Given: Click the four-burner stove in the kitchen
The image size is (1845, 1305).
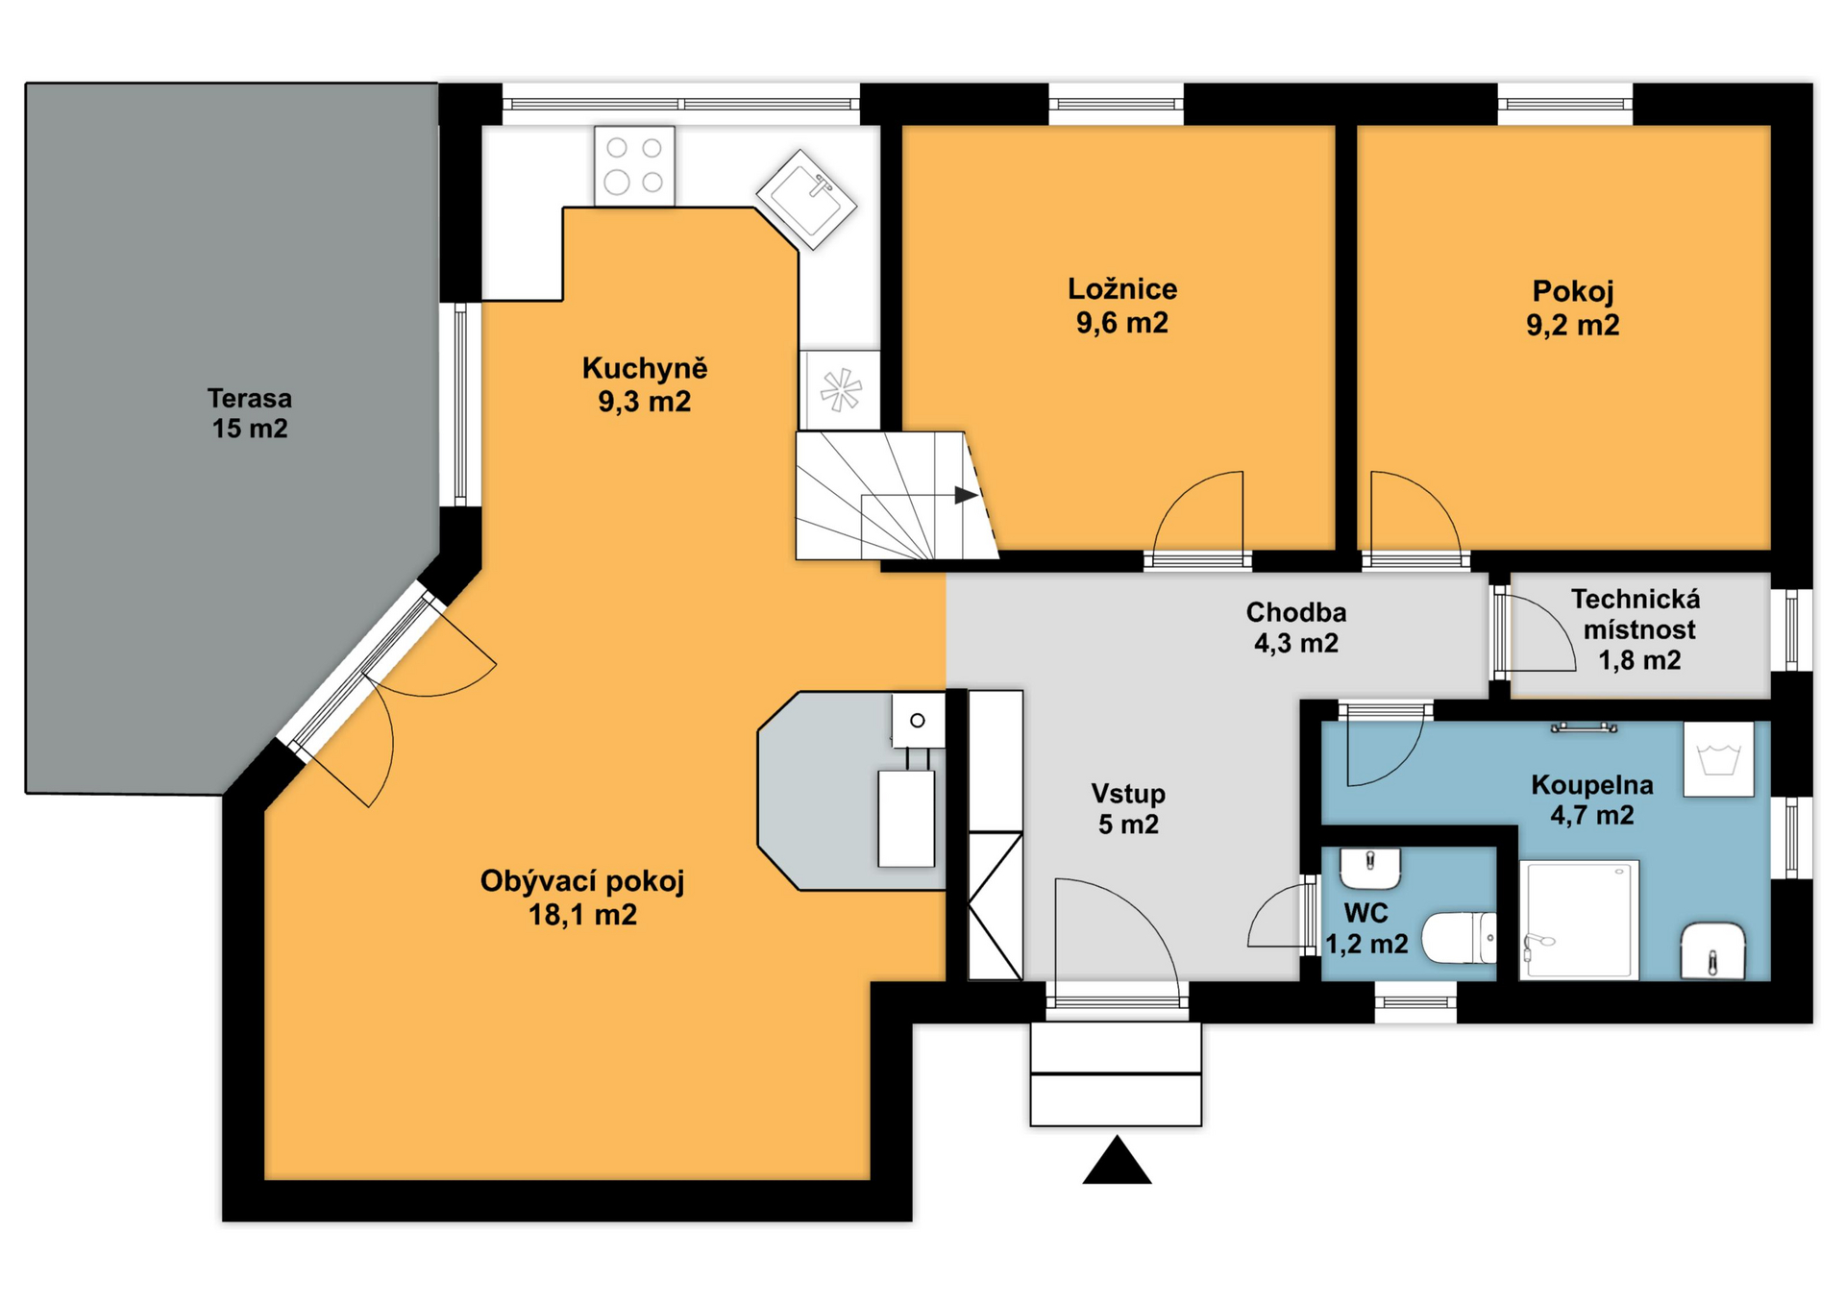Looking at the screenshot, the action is pyautogui.click(x=634, y=165).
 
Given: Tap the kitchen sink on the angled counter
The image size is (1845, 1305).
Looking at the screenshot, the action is pyautogui.click(x=806, y=199).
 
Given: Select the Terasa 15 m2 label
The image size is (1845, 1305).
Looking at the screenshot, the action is pyautogui.click(x=250, y=413).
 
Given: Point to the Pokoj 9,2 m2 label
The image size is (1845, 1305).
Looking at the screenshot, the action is pyautogui.click(x=1573, y=308).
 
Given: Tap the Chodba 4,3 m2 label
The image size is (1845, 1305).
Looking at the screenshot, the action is pyautogui.click(x=1296, y=628).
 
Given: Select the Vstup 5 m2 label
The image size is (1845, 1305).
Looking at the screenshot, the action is pyautogui.click(x=1128, y=809).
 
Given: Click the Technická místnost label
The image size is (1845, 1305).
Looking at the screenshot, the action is pyautogui.click(x=1637, y=629).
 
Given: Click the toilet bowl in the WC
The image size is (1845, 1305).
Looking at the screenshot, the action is pyautogui.click(x=1459, y=938).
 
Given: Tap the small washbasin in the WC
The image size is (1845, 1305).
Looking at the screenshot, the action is pyautogui.click(x=1370, y=869).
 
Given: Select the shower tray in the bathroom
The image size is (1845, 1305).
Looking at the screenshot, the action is pyautogui.click(x=1579, y=920).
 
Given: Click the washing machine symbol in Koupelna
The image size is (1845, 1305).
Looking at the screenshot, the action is pyautogui.click(x=1719, y=759).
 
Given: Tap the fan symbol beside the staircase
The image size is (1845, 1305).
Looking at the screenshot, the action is pyautogui.click(x=840, y=390).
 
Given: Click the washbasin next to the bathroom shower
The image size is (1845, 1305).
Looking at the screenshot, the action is pyautogui.click(x=1712, y=951).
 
